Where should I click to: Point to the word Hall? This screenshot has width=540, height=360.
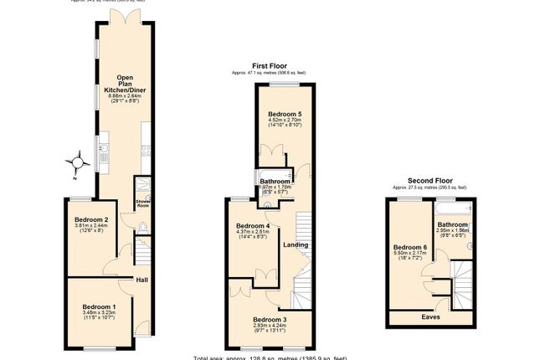pyautogui.click(x=142, y=280)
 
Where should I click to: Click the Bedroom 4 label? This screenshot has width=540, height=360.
pyautogui.click(x=252, y=226)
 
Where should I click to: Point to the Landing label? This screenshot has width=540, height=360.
pyautogui.click(x=296, y=244)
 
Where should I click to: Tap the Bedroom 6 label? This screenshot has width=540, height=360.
pyautogui.click(x=411, y=247)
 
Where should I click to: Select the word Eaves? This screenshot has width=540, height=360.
pyautogui.click(x=431, y=317)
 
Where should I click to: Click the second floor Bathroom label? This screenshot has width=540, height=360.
pyautogui.click(x=453, y=224)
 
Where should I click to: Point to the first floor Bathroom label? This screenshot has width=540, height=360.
pyautogui.click(x=275, y=182)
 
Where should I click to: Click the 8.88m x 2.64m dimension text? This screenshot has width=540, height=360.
pyautogui.click(x=121, y=96)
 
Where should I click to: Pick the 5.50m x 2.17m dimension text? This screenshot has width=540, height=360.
pyautogui.click(x=411, y=255)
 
